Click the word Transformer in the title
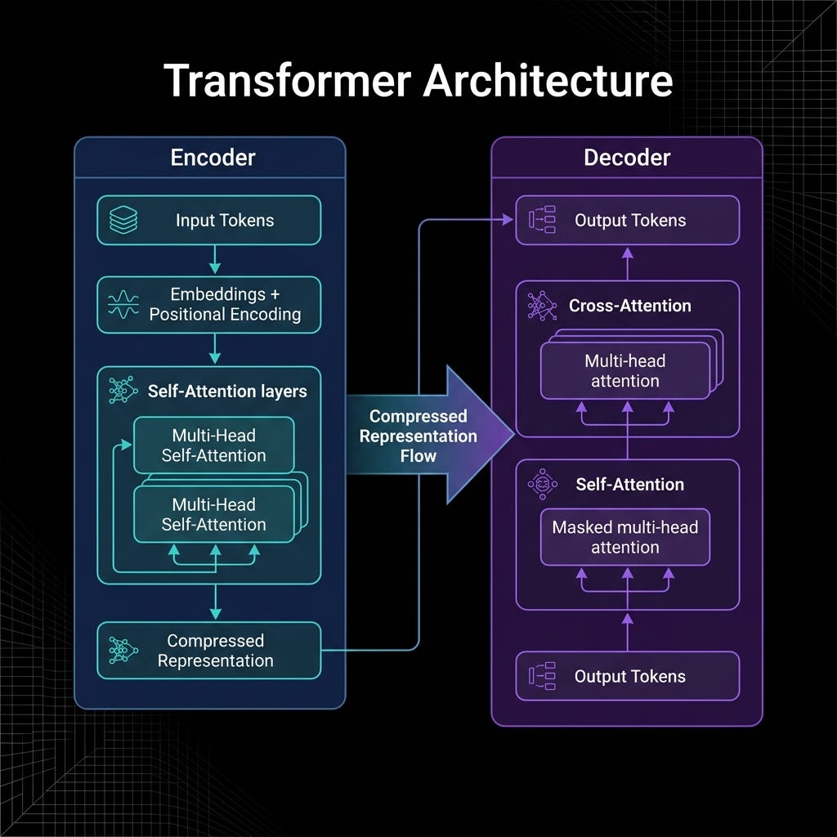[287, 81]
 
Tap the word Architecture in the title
[548, 81]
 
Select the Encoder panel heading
[213, 158]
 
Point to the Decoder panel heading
[627, 158]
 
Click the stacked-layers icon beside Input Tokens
[123, 220]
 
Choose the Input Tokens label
[225, 221]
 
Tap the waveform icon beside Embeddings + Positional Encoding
[123, 304]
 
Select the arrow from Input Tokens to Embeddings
[215, 260]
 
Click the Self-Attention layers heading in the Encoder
[227, 392]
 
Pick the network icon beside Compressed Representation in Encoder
[123, 650]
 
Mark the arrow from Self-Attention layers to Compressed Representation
[215, 602]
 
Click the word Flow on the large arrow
[418, 456]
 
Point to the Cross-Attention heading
[630, 306]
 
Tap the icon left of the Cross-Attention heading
[542, 306]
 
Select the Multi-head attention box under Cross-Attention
[625, 370]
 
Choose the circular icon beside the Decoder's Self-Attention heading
[543, 484]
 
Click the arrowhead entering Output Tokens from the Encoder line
[508, 219]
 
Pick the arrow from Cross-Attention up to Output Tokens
[628, 264]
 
